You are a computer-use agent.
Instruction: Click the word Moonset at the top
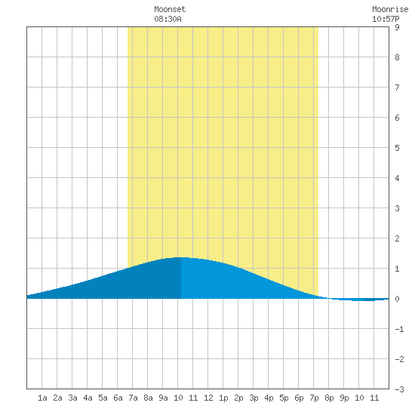tap(170, 9)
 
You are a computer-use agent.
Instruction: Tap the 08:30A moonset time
tap(168, 19)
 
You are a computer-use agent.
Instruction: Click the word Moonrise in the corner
tap(390, 9)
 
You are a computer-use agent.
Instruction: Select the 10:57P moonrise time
tap(386, 19)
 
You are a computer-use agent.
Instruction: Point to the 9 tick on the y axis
tap(397, 27)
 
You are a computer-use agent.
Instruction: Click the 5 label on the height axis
tap(397, 148)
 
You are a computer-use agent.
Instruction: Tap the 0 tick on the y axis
tap(397, 299)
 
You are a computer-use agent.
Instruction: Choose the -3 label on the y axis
tap(399, 389)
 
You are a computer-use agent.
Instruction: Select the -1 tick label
tap(399, 329)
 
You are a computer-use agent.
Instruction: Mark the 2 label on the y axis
tap(397, 238)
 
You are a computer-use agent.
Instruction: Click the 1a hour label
tap(42, 398)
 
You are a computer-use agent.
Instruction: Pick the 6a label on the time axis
tap(118, 398)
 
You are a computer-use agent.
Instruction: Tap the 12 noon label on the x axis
tap(208, 398)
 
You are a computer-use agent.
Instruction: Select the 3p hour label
tap(254, 398)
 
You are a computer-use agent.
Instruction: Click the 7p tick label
tap(314, 398)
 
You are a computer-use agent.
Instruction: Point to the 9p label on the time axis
tap(344, 398)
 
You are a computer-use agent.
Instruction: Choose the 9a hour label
tap(163, 398)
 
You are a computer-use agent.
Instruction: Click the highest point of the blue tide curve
tap(181, 257)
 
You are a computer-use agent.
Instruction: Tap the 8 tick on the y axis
tap(397, 57)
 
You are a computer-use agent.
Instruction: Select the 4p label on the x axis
tap(269, 398)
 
